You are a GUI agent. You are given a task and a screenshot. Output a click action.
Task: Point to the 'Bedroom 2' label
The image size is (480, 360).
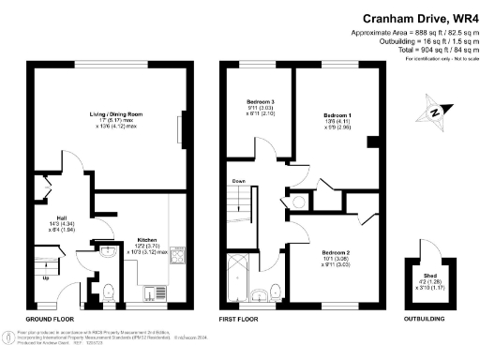(x=335, y=252)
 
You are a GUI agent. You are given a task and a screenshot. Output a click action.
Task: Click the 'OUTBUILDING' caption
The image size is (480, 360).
(x=429, y=319)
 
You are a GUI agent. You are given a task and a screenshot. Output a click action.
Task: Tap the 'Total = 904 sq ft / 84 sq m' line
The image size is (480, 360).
(x=412, y=49)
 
